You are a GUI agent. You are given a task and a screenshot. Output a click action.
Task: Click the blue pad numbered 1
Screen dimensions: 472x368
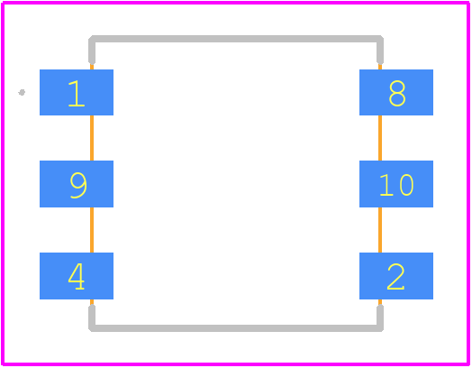pos(77,92)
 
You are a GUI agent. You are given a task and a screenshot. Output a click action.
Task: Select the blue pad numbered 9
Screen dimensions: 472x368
pos(77,184)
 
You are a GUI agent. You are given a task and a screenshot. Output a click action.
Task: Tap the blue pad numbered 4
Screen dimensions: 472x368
pos(77,276)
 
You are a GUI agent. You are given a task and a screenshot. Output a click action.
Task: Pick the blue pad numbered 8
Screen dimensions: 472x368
pos(396,92)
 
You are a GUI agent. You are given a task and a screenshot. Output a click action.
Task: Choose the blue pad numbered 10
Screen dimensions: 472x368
pos(396,184)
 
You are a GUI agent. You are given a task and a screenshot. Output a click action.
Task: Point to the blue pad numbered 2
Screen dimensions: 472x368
pos(396,276)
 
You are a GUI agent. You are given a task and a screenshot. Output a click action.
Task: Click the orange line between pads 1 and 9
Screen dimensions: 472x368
pos(92,138)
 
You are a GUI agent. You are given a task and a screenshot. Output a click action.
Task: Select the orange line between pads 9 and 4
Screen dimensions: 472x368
pos(92,230)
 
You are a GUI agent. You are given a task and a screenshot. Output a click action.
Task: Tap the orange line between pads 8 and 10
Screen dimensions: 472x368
pos(380,138)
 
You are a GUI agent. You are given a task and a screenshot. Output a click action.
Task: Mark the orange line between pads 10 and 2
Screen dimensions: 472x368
pos(380,230)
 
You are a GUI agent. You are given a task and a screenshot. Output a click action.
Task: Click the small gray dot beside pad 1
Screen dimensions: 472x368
pos(22,92)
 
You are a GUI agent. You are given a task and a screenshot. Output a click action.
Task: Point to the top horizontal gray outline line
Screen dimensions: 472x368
pos(236,39)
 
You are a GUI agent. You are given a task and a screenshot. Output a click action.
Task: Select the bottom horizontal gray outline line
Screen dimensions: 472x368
pos(236,328)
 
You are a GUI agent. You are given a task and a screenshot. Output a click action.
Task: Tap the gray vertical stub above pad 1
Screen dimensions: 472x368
pos(92,50)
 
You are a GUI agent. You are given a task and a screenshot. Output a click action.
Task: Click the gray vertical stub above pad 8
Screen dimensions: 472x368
pos(380,50)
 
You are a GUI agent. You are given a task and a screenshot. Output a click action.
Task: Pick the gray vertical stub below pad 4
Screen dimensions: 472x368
pos(92,318)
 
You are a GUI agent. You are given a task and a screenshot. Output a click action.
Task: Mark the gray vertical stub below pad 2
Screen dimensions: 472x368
pos(380,318)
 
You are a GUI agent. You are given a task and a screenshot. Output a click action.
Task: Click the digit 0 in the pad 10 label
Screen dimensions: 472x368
pos(406,185)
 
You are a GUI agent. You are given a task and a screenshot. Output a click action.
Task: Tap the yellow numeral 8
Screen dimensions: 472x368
pos(397,94)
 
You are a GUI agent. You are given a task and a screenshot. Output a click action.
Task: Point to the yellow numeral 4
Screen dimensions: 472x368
pos(77,276)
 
